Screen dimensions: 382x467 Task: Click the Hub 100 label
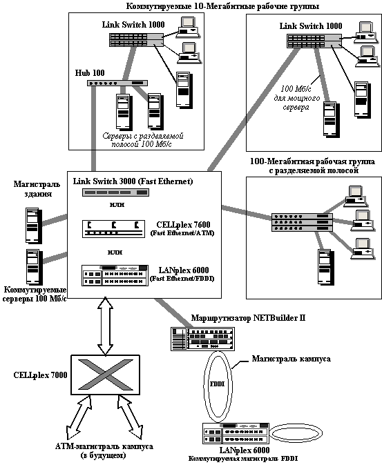point(90,73)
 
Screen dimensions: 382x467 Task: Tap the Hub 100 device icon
point(117,83)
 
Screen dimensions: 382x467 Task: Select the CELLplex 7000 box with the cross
point(105,375)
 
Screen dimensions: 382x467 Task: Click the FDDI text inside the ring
point(217,384)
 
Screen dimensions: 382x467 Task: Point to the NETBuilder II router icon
point(203,339)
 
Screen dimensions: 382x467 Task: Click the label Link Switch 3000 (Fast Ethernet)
point(133,181)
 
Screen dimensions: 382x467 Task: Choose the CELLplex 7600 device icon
point(113,229)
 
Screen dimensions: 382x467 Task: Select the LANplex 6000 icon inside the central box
point(115,275)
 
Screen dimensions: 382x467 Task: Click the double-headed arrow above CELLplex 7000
point(105,326)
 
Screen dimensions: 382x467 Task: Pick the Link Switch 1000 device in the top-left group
point(136,40)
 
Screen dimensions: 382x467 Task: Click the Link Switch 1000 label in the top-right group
point(311,26)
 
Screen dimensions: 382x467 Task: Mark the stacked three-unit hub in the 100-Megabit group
point(302,222)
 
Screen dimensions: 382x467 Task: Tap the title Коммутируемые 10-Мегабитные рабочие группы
point(222,6)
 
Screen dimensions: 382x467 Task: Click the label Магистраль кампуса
point(292,359)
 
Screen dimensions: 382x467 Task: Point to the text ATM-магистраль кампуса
point(104,446)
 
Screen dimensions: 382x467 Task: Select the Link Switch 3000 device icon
point(115,192)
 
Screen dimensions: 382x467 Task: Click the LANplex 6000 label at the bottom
point(245,450)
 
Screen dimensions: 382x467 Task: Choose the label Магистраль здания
point(37,189)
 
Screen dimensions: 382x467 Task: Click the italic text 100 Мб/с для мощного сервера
point(297,98)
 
